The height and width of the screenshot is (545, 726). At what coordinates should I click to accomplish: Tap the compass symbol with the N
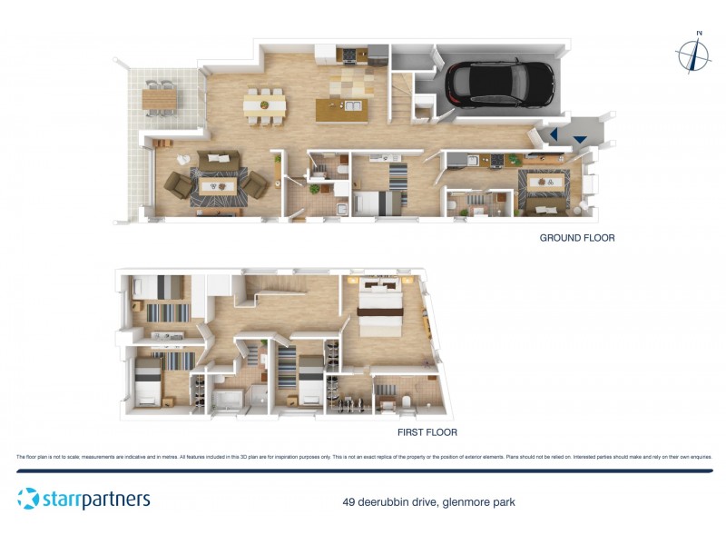694,55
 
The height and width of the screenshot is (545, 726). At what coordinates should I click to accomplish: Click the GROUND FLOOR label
577,238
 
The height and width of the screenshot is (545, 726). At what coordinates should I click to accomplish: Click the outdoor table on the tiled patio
159,94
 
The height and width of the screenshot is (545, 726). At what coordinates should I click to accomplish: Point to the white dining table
265,105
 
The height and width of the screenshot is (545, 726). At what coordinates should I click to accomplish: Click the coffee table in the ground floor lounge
219,183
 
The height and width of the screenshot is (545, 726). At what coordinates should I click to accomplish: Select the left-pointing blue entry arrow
554,134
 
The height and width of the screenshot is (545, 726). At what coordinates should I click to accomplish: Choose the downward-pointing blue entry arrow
579,139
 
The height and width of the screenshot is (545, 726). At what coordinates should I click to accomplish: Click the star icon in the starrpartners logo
28,499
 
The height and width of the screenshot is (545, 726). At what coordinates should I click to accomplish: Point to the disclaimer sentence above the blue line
363,457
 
